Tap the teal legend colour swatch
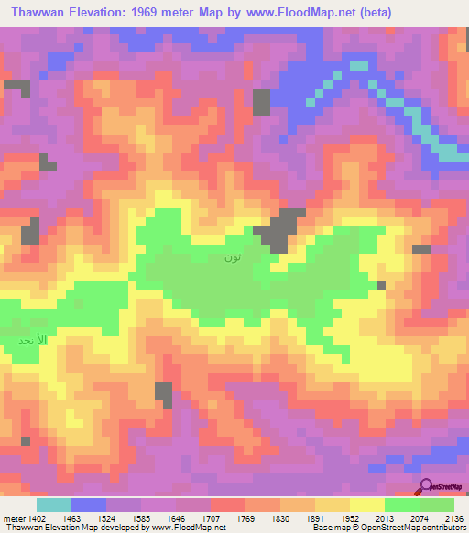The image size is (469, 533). pos(54,505)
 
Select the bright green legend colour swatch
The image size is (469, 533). pos(401,505)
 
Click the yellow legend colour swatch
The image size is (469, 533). pos(366,505)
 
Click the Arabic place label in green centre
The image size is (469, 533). pos(233,257)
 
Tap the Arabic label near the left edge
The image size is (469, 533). pos(31,339)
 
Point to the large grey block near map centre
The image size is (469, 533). pos(283,229)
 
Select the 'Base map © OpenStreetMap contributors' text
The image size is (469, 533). pos(388,528)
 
